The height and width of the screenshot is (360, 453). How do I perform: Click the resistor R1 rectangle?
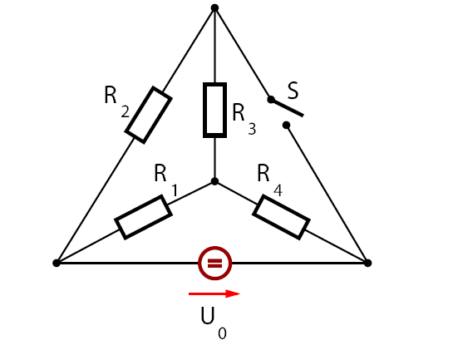[x=144, y=217]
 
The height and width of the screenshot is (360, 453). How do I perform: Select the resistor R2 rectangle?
[x=149, y=115]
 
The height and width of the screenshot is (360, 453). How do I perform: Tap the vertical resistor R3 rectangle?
[x=214, y=110]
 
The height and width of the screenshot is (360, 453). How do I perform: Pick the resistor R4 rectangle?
[x=282, y=217]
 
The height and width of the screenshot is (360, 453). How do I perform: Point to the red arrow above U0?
[x=214, y=293]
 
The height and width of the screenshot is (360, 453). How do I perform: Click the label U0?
[x=214, y=323]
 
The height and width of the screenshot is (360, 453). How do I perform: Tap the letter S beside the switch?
[x=293, y=91]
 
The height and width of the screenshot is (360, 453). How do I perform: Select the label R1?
[x=166, y=180]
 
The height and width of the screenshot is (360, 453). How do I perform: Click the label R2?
[x=116, y=101]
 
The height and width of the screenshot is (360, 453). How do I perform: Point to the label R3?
[x=244, y=120]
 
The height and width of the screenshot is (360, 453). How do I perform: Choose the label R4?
[x=269, y=180]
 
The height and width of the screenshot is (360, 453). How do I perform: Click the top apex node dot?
[x=214, y=7]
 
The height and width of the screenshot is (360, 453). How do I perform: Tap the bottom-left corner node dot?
[x=57, y=263]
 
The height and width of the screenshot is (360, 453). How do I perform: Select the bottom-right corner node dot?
[x=367, y=263]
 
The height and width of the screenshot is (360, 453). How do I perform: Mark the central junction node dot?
[x=214, y=181]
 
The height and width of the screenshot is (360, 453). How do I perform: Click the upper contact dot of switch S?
[x=271, y=100]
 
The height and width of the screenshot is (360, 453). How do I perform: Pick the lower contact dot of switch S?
[x=286, y=125]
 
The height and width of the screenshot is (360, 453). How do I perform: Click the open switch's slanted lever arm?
[x=287, y=108]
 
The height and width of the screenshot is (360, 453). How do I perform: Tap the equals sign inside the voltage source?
[x=215, y=264]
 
